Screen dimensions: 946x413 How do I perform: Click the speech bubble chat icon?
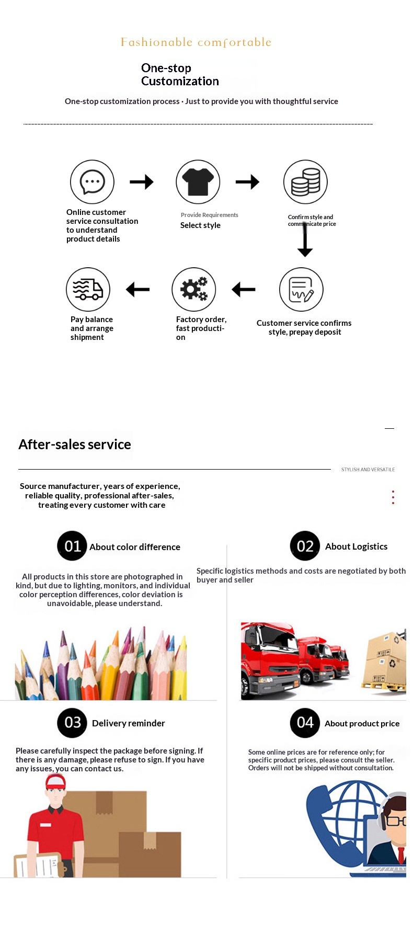92,182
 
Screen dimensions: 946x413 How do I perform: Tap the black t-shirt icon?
198,182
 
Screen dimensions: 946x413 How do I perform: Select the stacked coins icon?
305,182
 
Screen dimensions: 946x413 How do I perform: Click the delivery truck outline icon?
88,289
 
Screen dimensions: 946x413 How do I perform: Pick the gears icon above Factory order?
194,289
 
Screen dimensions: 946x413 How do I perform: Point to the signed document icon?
301,289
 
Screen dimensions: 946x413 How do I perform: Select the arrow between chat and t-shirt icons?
142,182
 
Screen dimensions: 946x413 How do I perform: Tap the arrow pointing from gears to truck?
138,289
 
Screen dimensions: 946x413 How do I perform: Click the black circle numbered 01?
72,546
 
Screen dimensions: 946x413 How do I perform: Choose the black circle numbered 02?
305,546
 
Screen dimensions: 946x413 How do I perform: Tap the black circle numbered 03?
72,723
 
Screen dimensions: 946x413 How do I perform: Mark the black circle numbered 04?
305,723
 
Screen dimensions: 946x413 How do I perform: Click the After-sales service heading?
75,444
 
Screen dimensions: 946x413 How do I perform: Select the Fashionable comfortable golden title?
196,42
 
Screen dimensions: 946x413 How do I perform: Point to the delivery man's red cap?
55,782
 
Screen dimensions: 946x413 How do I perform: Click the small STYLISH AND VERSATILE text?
368,470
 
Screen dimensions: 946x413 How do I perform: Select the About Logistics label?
356,546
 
